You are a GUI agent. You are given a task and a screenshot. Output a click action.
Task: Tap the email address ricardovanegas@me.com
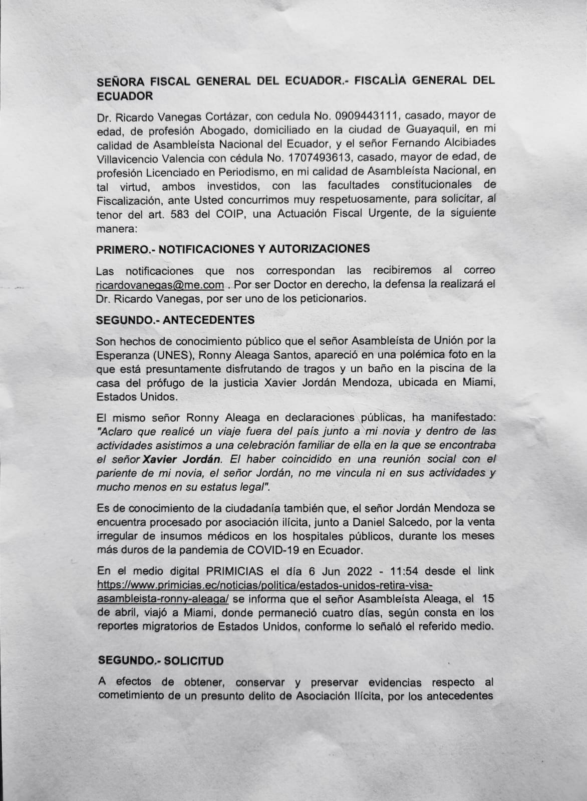(x=160, y=285)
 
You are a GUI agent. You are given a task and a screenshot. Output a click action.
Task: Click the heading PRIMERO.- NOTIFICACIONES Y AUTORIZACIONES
(x=233, y=248)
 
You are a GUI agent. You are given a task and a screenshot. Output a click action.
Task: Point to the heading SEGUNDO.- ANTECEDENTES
(x=176, y=319)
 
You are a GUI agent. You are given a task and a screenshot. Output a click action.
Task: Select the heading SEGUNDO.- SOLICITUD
(x=161, y=660)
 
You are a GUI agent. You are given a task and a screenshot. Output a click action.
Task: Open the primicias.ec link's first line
(x=265, y=585)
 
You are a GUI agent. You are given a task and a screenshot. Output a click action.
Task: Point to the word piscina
(x=443, y=369)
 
